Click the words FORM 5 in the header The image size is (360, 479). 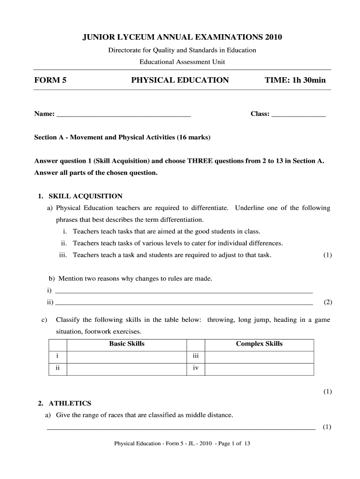pos(50,80)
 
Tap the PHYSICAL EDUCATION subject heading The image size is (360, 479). pos(180,80)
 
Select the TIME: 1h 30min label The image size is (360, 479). pos(295,80)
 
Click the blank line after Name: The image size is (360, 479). pos(123,115)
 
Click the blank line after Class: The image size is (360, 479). pos(298,115)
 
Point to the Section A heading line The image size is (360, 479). pos(122,138)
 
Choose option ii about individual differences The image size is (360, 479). pos(178,243)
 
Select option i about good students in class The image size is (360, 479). pos(166,232)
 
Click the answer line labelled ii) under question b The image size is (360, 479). pos(184,303)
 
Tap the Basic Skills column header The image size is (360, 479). pos(127,344)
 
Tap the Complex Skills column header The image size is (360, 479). pos(259,344)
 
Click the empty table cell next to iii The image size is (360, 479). pos(259,357)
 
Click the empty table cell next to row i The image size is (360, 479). pos(126,357)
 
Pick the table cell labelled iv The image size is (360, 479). pos(196,369)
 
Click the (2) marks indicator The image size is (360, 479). pos(328,302)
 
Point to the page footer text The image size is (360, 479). pos(183,444)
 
